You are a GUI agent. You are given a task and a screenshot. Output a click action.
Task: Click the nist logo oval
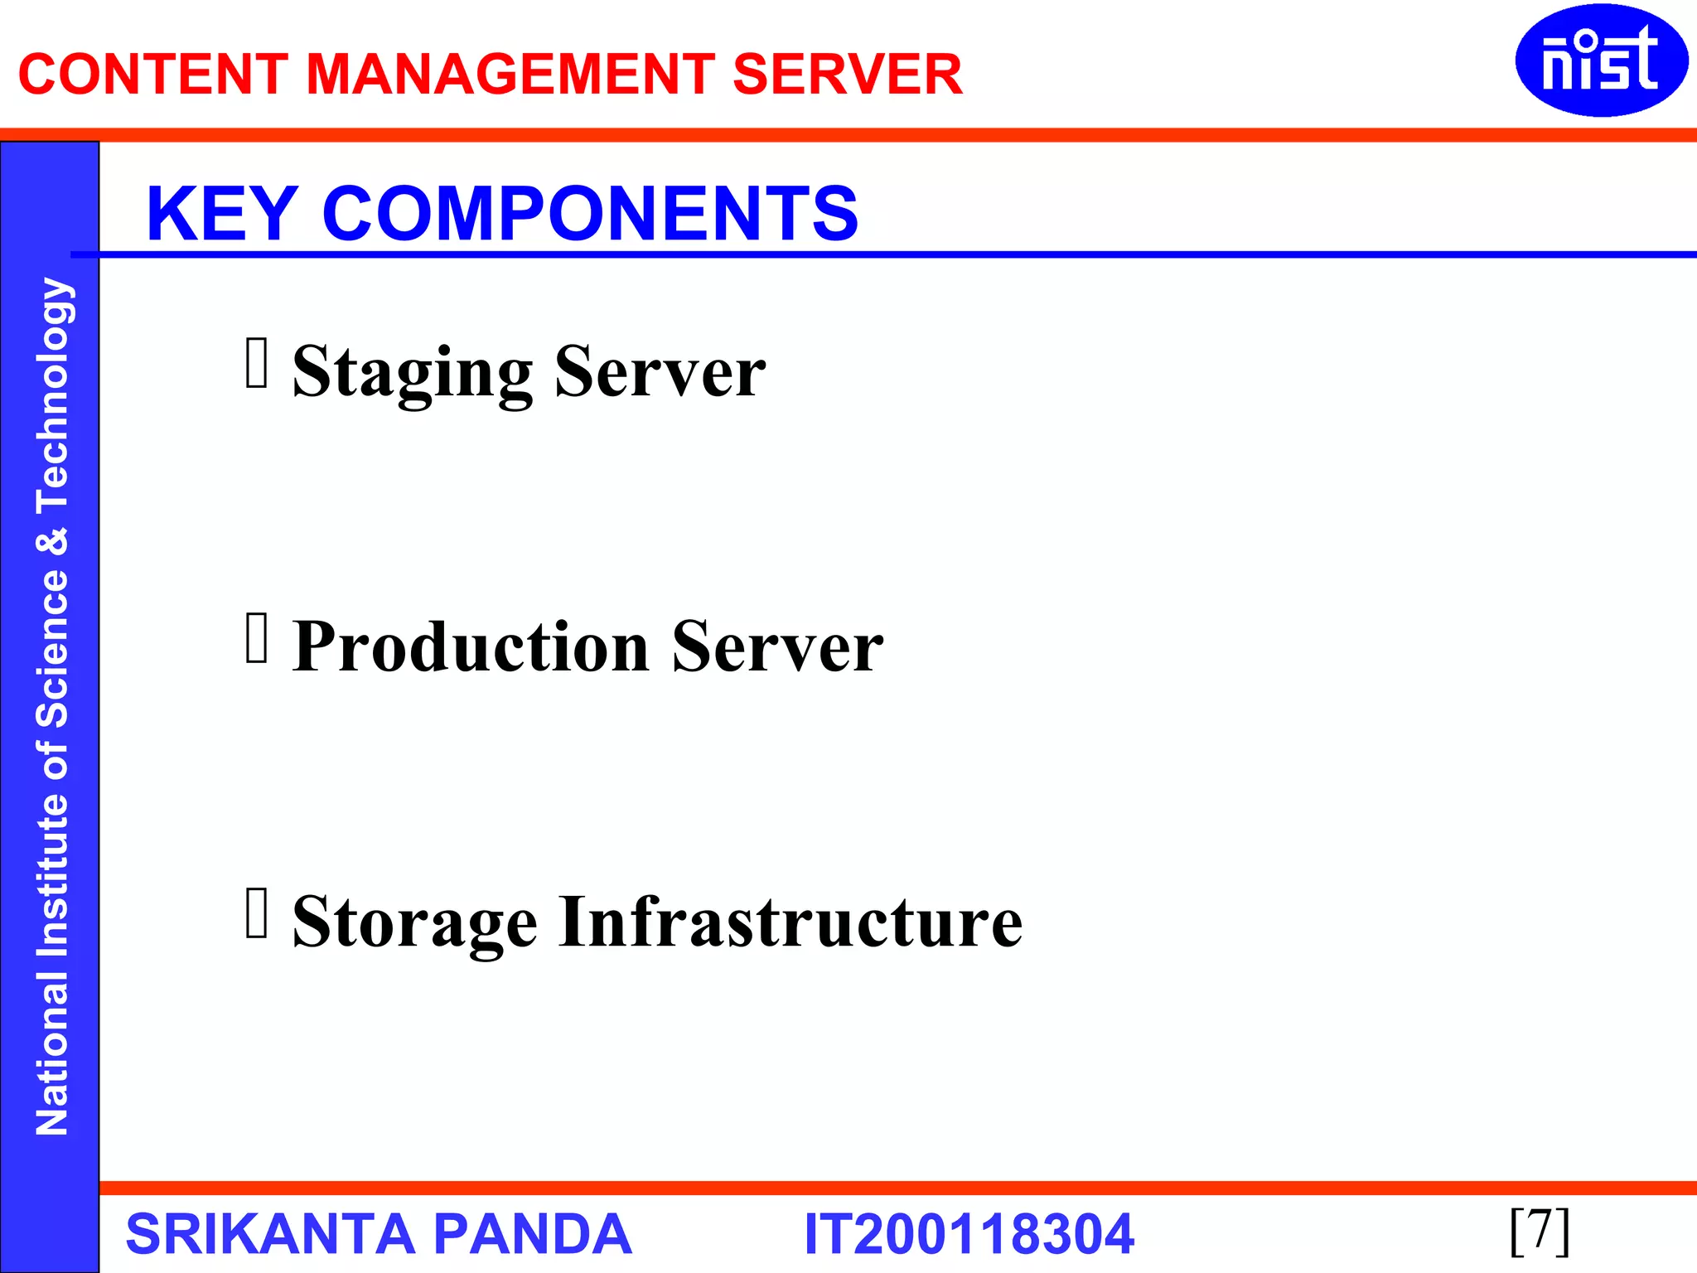[x=1601, y=61]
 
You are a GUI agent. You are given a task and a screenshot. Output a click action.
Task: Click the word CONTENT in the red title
[x=152, y=75]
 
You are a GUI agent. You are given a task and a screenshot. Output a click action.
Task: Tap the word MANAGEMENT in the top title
[x=510, y=75]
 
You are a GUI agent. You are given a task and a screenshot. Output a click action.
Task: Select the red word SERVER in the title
[x=847, y=75]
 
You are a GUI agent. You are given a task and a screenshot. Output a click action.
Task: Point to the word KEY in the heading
[x=222, y=214]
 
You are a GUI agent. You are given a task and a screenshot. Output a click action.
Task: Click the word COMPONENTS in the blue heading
[x=590, y=214]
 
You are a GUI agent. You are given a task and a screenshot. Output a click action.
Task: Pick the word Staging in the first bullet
[x=413, y=373]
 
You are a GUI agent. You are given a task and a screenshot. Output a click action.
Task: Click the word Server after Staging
[x=660, y=373]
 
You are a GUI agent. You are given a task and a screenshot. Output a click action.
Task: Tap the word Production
[x=471, y=647]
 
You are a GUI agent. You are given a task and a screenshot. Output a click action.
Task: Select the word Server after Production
[x=777, y=647]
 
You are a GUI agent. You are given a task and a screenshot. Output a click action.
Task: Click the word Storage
[x=415, y=923]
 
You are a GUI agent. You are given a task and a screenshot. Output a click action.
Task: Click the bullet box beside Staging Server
[x=257, y=363]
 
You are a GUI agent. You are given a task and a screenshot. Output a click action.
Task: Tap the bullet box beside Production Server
[x=257, y=638]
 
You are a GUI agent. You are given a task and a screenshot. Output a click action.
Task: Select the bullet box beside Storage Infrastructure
[x=257, y=913]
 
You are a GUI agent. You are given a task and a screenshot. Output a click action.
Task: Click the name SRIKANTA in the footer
[x=269, y=1234]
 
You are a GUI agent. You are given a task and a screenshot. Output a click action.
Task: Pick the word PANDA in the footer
[x=532, y=1234]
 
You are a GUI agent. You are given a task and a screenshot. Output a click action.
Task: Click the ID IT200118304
[x=969, y=1234]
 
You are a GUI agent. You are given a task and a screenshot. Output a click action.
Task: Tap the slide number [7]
[x=1540, y=1231]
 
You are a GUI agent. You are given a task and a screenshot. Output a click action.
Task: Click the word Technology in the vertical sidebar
[x=53, y=394]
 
